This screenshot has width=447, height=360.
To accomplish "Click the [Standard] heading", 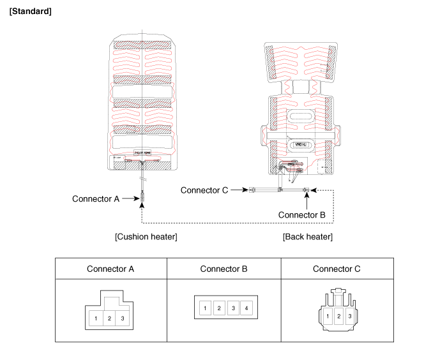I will pos(31,12).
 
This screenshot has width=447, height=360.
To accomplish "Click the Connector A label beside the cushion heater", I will pos(96,199).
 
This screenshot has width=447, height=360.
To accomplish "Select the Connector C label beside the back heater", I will pos(204,190).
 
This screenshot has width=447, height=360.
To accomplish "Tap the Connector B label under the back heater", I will pos(302,214).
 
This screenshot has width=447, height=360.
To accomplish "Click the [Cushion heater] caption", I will pos(146,237).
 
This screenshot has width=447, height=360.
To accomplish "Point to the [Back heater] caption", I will pos(308,237).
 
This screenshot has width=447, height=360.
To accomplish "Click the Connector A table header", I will pos(110,269).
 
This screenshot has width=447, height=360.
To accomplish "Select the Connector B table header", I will pos(223,269).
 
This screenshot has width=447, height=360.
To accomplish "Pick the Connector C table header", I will pos(337,269).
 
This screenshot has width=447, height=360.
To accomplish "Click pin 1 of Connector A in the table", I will pos(96,317).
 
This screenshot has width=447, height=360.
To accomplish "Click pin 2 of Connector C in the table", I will pos(338,316).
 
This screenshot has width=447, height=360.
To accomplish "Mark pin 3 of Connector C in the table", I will pos(349,316).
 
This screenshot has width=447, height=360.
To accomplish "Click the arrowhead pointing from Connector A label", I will pos(138,199).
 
